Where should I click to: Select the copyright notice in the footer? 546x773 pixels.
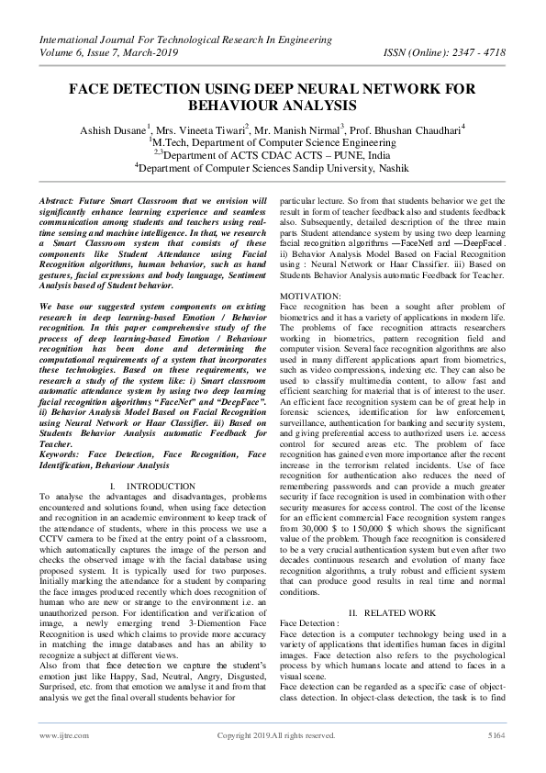[x=274, y=760]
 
